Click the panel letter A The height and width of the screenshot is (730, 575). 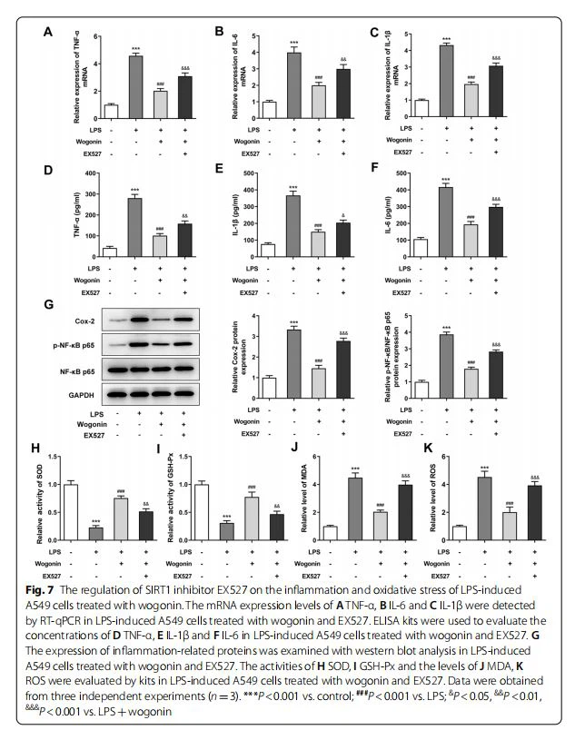coord(47,33)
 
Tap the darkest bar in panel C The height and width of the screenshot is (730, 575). coord(496,90)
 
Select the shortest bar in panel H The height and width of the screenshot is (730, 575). coord(121,533)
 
